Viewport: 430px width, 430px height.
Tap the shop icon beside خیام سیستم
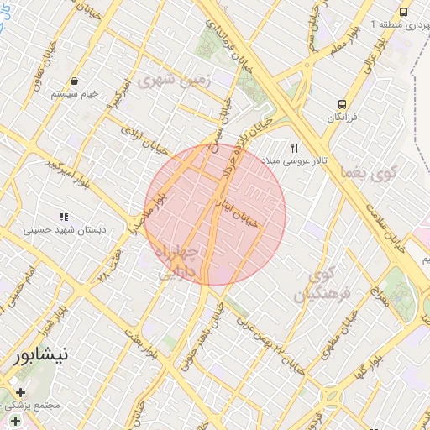tap(76, 81)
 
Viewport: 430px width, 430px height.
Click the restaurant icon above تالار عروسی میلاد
tap(294, 147)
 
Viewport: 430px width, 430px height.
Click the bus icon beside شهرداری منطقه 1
tap(404, 12)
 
